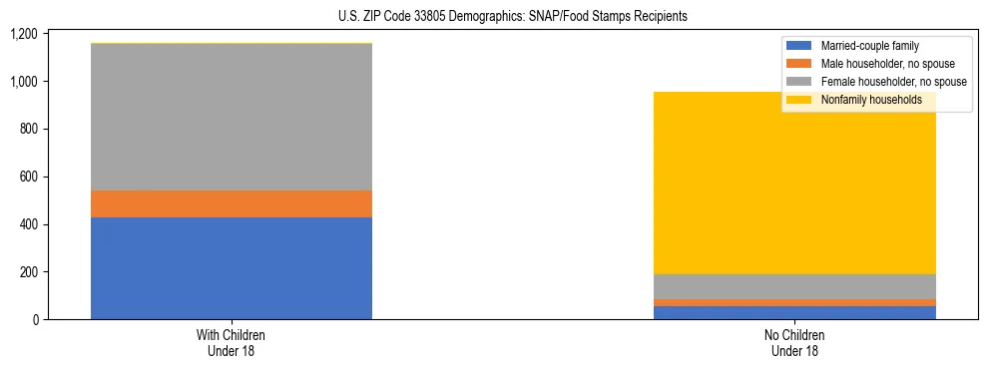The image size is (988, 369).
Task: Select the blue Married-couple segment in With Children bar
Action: coord(232,268)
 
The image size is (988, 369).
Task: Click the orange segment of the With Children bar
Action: coord(232,203)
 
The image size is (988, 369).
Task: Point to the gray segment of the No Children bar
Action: coord(794,286)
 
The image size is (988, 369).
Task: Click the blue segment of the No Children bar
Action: coord(794,312)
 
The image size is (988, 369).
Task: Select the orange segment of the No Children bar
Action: coord(794,302)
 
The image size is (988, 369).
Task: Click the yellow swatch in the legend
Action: coord(799,100)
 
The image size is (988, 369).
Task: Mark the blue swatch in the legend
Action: coord(799,46)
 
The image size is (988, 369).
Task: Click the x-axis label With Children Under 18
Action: coord(232,343)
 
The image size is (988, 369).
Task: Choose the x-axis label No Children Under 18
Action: coord(794,343)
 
